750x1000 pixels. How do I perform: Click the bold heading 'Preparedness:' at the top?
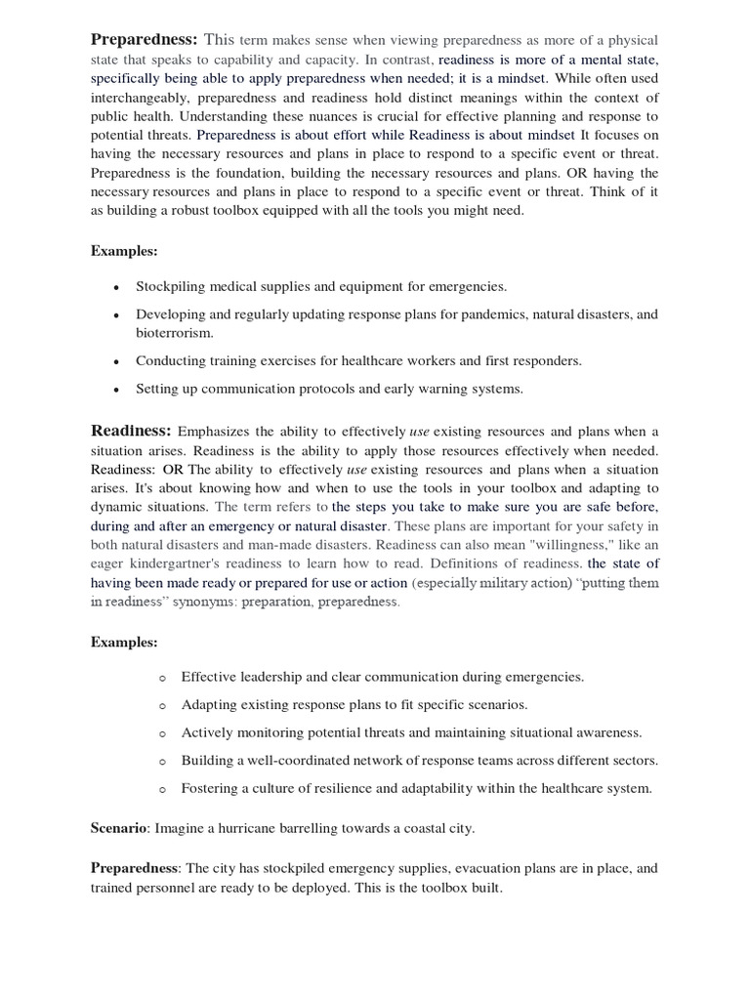point(145,39)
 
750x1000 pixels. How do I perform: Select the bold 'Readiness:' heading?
point(131,431)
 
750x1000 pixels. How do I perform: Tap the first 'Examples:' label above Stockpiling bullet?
point(124,251)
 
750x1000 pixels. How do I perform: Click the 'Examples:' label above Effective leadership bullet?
point(124,642)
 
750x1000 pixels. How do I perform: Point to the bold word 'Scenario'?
point(117,828)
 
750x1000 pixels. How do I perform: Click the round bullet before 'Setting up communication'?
point(116,389)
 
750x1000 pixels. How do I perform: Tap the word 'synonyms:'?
point(205,603)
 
